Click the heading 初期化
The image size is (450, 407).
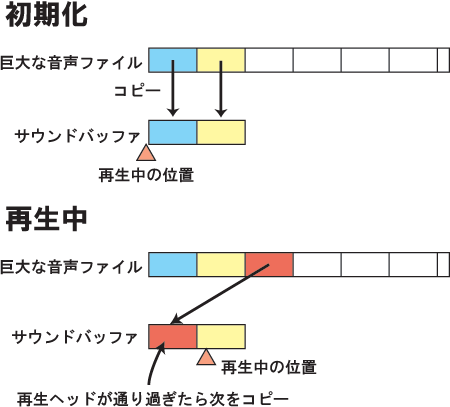point(46,15)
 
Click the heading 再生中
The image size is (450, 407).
point(46,219)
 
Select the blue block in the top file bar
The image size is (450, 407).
point(173,60)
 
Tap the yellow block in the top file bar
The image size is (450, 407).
point(221,60)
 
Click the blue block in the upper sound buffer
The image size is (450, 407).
point(173,132)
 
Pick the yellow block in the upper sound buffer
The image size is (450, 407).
point(221,132)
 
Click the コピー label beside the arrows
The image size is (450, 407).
point(137,91)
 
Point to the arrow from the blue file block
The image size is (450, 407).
point(173,88)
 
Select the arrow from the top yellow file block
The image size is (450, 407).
point(221,88)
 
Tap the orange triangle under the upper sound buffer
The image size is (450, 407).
point(146,153)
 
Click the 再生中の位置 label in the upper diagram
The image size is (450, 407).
point(146,175)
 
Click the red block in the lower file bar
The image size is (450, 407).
point(269,264)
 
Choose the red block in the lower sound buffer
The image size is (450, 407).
point(173,337)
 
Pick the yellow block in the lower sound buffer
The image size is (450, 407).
point(221,337)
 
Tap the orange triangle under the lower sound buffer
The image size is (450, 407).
point(206,357)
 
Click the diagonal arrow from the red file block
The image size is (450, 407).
point(220,294)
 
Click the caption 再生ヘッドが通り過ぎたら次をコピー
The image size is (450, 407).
point(152,399)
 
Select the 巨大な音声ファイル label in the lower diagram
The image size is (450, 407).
point(71,267)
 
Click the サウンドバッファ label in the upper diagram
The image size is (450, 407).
point(77,136)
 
